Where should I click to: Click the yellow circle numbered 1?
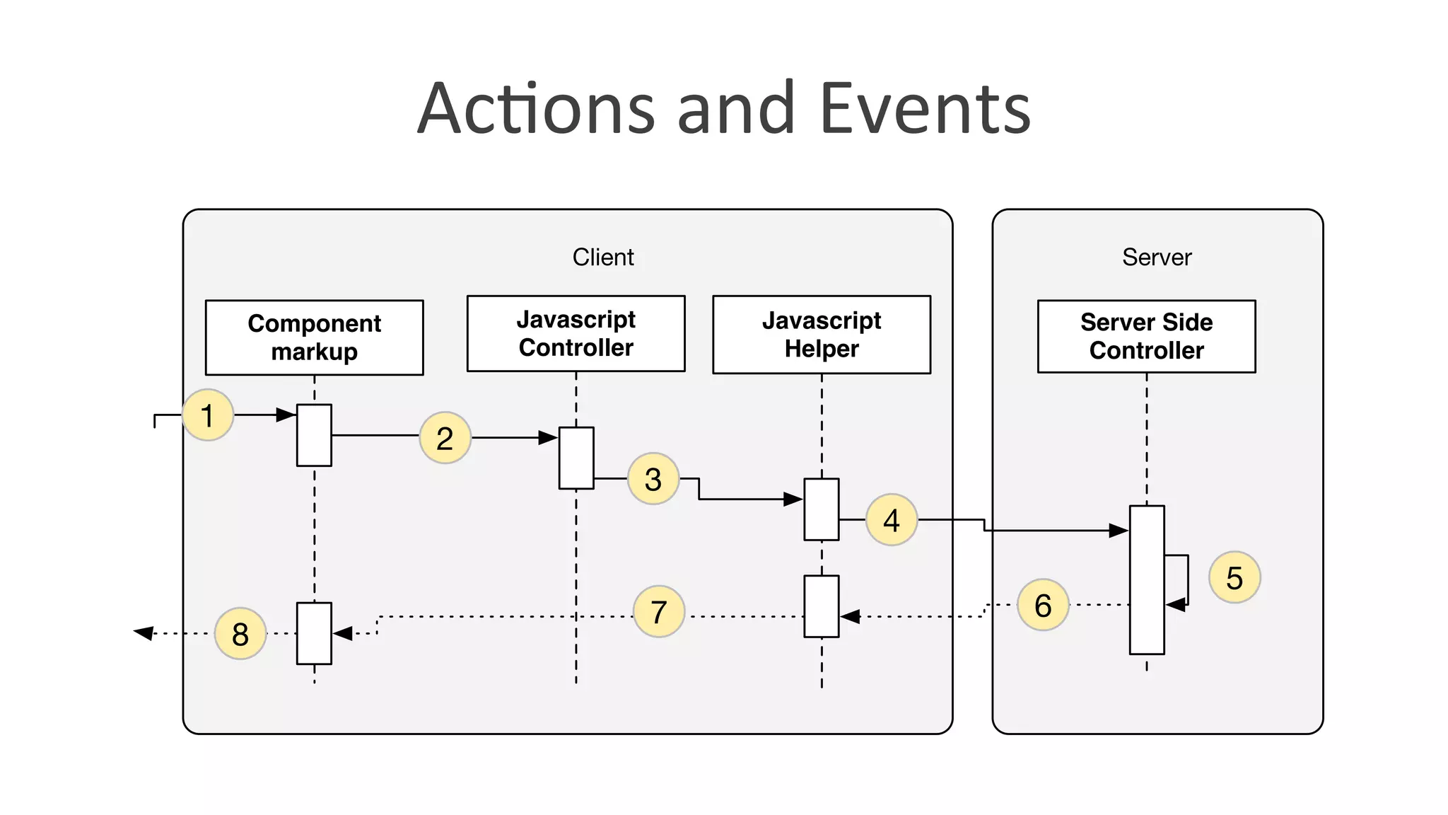coord(208,415)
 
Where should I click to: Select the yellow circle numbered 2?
coord(445,438)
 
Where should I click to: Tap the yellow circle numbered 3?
coord(653,479)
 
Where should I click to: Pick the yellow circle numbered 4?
coord(892,520)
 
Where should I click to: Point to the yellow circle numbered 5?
coord(1234,577)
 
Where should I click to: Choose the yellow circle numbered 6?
coord(1043,605)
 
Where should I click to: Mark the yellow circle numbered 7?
coord(658,611)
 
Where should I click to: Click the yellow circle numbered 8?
coord(240,633)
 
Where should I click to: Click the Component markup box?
coord(314,337)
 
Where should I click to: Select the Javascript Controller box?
coord(576,333)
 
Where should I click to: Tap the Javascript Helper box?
coord(821,335)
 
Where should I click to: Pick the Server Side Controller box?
coord(1146,336)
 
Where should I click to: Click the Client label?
coord(602,257)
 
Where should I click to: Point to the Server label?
coord(1157,257)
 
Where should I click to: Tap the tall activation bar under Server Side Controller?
coord(1146,579)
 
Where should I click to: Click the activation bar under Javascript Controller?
coord(576,458)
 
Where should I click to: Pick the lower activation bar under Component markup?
coord(314,633)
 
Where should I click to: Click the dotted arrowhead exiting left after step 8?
coord(144,632)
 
